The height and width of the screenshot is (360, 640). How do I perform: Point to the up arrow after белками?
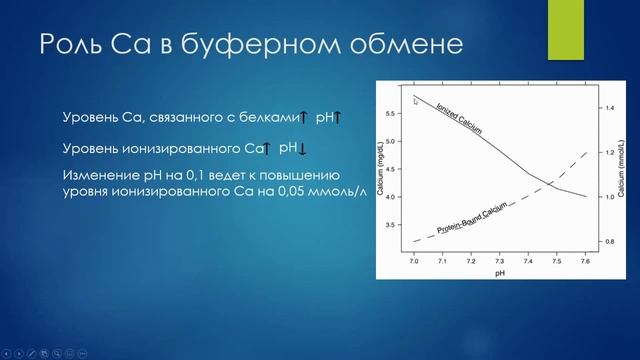tap(305, 119)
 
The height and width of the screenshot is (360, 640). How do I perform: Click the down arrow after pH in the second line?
tap(303, 150)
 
